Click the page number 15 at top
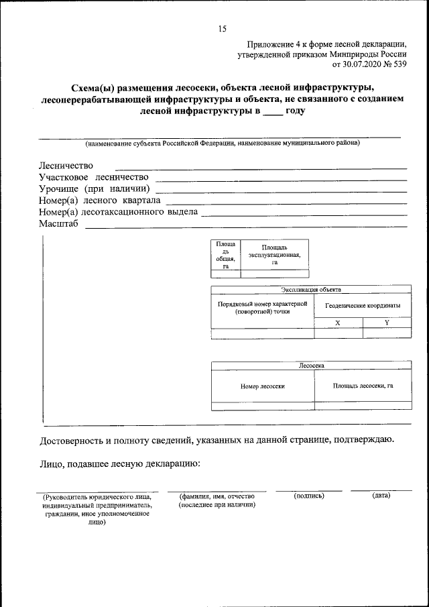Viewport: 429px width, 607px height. tap(222, 28)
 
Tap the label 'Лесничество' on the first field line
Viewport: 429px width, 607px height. tap(66, 166)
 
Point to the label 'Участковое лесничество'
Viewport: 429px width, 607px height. tap(93, 177)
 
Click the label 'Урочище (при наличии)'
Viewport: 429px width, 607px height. tap(93, 188)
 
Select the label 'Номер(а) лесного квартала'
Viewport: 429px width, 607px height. tap(99, 200)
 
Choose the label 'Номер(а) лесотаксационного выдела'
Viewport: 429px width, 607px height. tap(118, 212)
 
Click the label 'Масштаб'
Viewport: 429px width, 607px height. tap(58, 224)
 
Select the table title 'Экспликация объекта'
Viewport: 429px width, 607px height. tap(311, 290)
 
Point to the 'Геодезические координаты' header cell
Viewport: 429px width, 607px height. tap(363, 305)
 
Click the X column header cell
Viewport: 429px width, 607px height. tap(338, 323)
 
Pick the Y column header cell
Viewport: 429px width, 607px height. tap(386, 323)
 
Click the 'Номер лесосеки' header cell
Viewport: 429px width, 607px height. tap(263, 386)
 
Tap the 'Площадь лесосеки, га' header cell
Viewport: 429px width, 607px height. tap(363, 386)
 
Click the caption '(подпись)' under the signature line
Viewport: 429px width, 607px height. tap(309, 495)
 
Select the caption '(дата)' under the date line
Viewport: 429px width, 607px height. tap(381, 495)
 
